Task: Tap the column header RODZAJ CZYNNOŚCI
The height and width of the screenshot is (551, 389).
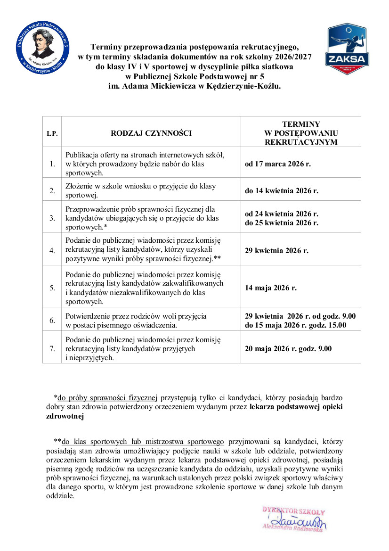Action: pyautogui.click(x=151, y=133)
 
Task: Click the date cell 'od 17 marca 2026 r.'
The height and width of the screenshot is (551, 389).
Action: pyautogui.click(x=278, y=164)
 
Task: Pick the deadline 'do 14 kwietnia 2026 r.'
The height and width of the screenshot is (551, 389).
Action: pyautogui.click(x=282, y=191)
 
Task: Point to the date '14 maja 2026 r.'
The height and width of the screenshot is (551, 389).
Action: pyautogui.click(x=271, y=288)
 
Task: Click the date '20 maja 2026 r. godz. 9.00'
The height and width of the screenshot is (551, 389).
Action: pyautogui.click(x=288, y=349)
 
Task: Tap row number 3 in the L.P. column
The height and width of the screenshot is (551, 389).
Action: pyautogui.click(x=52, y=218)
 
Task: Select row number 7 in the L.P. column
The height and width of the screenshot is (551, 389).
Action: pyautogui.click(x=52, y=349)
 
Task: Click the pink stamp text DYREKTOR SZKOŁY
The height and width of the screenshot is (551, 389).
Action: pyautogui.click(x=293, y=511)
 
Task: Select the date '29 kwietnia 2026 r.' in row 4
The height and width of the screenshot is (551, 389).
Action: pyautogui.click(x=276, y=250)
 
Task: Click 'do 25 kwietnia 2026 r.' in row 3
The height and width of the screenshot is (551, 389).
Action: pyautogui.click(x=282, y=222)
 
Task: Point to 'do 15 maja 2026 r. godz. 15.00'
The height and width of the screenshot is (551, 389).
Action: pyautogui.click(x=295, y=325)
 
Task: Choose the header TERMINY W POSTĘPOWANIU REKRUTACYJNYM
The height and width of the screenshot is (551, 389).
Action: pyautogui.click(x=301, y=133)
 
